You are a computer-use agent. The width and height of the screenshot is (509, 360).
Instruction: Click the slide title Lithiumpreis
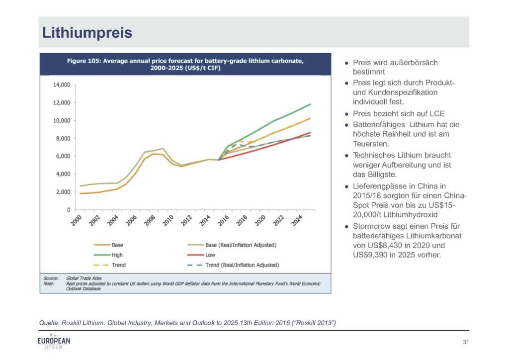pyautogui.click(x=87, y=32)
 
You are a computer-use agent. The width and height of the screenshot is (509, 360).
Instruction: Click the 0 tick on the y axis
pyautogui.click(x=68, y=210)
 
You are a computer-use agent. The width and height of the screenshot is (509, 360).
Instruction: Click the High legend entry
pyautogui.click(x=117, y=255)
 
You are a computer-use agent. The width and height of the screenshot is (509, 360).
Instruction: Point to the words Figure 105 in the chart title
pyautogui.click(x=84, y=61)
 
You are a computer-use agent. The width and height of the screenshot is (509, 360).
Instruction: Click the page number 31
pyautogui.click(x=466, y=342)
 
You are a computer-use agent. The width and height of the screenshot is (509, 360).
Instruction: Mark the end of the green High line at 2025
pyautogui.click(x=311, y=104)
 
